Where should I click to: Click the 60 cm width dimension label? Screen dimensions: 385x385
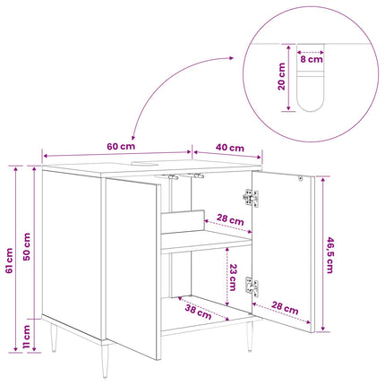tap(121, 147)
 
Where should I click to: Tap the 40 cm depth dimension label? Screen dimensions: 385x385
tap(230, 148)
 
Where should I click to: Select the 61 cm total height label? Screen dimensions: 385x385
tap(9, 261)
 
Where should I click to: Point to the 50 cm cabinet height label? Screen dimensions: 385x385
tap(27, 247)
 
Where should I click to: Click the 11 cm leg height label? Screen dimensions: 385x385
tap(27, 337)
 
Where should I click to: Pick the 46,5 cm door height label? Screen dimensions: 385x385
tap(329, 255)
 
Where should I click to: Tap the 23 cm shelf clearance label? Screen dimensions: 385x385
tap(233, 278)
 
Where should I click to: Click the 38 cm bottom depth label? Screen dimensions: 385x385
tap(198, 312)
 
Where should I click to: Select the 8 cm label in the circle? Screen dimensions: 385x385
tap(312, 59)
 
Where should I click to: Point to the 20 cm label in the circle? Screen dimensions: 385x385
tap(281, 76)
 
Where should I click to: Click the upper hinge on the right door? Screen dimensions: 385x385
tap(251, 198)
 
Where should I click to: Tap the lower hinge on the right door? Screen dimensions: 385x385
tap(252, 287)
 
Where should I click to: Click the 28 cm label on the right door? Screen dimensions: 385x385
tap(285, 308)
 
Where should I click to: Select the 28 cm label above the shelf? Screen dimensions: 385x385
tap(230, 219)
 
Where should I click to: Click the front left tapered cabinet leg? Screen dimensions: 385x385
tap(105, 360)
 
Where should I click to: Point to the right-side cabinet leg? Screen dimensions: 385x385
tap(250, 337)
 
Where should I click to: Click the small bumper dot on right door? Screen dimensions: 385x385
tap(301, 178)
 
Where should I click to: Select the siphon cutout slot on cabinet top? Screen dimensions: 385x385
tap(145, 163)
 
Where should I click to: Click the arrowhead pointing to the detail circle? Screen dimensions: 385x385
tap(231, 58)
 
